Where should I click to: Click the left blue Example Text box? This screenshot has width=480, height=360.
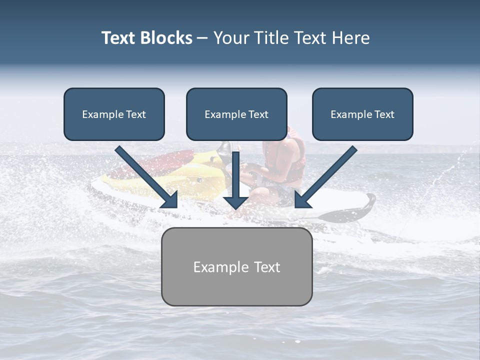tap(114, 114)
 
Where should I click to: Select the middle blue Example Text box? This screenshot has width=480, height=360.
tap(236, 114)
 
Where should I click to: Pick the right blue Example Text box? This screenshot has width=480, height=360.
tap(362, 114)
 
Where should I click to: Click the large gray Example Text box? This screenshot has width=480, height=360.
tap(236, 266)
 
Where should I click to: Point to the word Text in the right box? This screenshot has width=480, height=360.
tap(384, 114)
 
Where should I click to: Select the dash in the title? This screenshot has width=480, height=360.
tap(202, 38)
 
